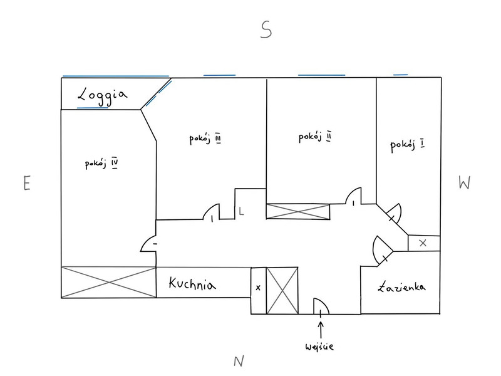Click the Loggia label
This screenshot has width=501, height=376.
(x=102, y=95)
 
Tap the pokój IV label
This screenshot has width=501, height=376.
(x=102, y=164)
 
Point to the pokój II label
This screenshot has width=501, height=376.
(x=314, y=136)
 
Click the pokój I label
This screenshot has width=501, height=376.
(x=408, y=145)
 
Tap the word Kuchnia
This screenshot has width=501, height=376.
(x=192, y=285)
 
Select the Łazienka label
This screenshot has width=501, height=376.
(x=402, y=287)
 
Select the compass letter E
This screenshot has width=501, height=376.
(x=26, y=184)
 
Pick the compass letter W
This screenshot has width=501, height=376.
(x=464, y=182)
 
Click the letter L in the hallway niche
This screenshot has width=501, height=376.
(x=241, y=211)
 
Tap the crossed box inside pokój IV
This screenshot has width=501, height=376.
(x=108, y=282)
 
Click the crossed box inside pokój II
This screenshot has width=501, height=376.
(x=297, y=211)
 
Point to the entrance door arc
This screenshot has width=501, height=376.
(x=320, y=305)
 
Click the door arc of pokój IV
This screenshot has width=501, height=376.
(x=149, y=243)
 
